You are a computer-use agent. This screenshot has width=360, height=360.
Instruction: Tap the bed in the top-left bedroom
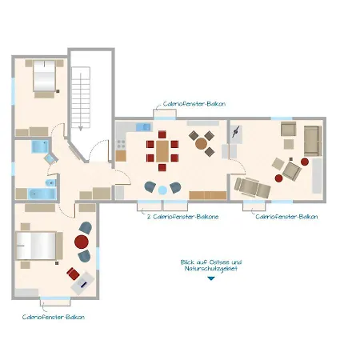(42, 78)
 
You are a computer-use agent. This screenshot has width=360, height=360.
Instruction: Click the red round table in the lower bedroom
(82, 241)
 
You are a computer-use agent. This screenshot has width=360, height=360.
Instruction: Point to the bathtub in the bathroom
(38, 194)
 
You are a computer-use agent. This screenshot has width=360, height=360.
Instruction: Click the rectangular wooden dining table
(162, 151)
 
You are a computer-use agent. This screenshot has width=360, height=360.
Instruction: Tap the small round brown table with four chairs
(202, 142)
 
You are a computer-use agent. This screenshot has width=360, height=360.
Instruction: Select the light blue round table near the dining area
(163, 189)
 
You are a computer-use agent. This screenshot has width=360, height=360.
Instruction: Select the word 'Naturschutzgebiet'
(211, 270)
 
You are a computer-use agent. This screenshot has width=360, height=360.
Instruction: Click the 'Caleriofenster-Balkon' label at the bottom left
(53, 317)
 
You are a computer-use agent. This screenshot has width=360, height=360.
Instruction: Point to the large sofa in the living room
(310, 141)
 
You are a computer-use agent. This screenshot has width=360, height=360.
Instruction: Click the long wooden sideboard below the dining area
(207, 195)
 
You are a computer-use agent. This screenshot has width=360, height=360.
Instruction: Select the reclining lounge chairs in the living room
(254, 186)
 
